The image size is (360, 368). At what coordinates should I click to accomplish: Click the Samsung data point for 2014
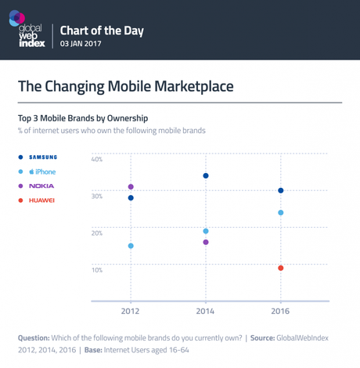pos(206,175)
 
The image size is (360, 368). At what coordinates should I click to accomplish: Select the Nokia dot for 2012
pos(131,187)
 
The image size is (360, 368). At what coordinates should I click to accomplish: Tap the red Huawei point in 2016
pos(281,269)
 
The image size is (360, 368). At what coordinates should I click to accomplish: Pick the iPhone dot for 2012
pos(131,246)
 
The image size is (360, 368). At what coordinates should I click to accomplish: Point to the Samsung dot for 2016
pos(281,191)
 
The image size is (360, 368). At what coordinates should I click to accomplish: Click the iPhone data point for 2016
pos(281,213)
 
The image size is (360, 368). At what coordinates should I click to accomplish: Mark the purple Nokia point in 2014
pos(206,243)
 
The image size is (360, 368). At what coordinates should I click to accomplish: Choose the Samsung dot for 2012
pos(131,198)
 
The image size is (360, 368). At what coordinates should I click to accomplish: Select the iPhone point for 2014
pos(206,231)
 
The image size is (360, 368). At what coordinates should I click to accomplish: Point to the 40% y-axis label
pos(97,159)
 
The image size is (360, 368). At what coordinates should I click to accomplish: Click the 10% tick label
pos(97,270)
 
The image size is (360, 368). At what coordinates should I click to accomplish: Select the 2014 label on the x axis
pos(206,312)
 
